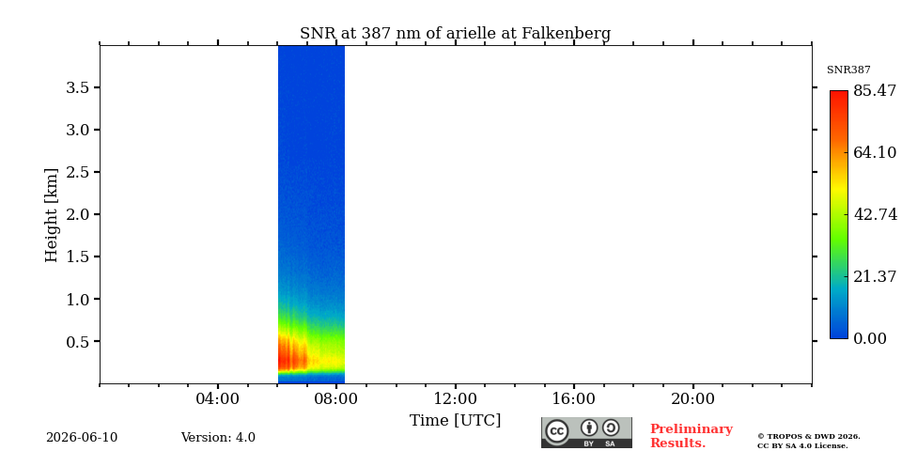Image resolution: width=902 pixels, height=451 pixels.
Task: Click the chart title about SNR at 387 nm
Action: coord(455,34)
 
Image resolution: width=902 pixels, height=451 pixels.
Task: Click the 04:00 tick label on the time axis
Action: coord(218,399)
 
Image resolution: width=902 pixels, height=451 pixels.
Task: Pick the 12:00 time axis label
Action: coord(455,399)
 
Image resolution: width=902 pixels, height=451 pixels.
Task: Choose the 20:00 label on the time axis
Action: coord(692,399)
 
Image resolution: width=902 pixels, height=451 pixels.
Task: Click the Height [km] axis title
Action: coord(52,215)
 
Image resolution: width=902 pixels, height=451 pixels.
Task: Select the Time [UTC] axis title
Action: coord(455,421)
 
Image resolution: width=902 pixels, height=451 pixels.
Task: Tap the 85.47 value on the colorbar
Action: coord(875,91)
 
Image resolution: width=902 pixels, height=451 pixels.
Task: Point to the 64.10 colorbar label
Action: coord(875,152)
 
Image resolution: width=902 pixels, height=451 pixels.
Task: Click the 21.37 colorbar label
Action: coord(875,276)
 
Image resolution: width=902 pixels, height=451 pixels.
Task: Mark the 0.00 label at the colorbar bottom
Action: coord(870,338)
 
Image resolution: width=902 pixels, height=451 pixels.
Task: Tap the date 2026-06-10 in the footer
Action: coord(82,438)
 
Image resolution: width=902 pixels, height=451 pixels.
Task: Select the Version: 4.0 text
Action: coord(218,438)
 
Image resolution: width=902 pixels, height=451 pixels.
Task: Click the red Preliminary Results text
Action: coord(692,436)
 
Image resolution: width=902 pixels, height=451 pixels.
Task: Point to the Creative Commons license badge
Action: coord(586,432)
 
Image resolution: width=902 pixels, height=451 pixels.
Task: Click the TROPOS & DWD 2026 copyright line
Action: coord(808,437)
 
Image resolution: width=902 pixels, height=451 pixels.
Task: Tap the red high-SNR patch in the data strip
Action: coord(292,352)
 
